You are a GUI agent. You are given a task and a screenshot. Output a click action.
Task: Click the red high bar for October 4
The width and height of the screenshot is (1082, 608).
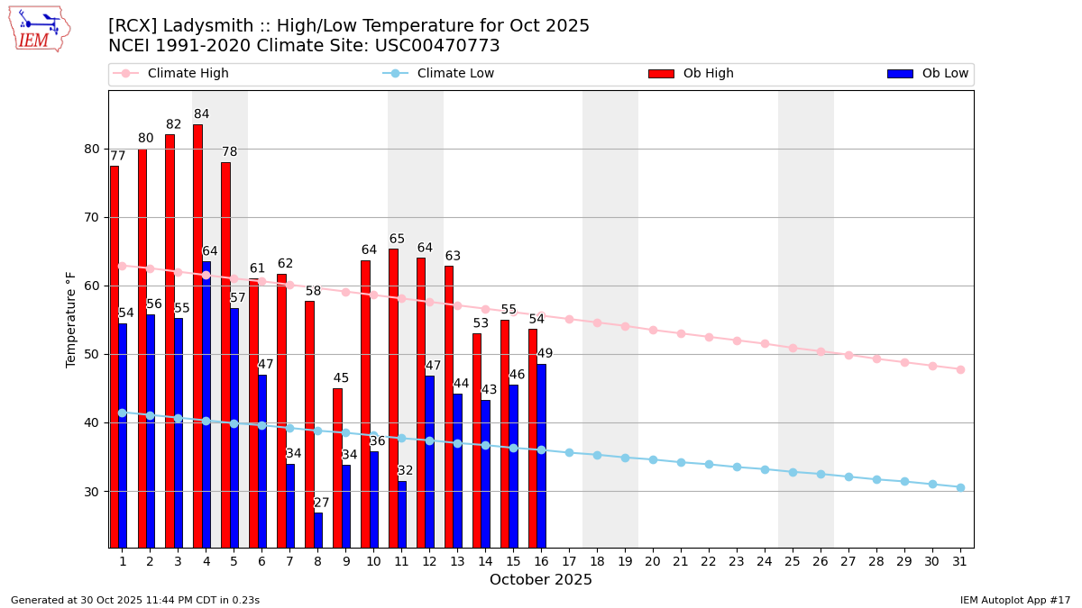click(x=197, y=335)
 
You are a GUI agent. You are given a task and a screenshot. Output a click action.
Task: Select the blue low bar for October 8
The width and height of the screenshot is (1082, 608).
click(x=318, y=530)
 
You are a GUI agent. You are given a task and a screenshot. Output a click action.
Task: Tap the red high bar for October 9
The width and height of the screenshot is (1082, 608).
click(x=337, y=467)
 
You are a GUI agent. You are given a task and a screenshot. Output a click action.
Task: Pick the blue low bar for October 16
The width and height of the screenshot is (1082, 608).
click(x=541, y=455)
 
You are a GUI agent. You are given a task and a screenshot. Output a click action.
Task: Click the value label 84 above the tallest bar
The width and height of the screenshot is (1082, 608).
click(x=201, y=114)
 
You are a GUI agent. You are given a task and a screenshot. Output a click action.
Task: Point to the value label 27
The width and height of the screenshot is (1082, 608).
click(x=322, y=503)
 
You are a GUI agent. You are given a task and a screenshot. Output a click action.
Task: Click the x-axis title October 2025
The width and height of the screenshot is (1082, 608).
click(x=541, y=580)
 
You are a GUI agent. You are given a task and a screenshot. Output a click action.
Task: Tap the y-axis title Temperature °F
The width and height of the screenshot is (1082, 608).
click(x=72, y=319)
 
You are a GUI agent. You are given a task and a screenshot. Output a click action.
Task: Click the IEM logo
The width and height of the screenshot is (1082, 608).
click(x=38, y=29)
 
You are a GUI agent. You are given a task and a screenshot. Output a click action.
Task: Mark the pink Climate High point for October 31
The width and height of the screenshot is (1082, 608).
click(x=960, y=369)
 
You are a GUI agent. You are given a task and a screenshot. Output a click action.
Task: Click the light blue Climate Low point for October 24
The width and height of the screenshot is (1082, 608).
click(x=765, y=469)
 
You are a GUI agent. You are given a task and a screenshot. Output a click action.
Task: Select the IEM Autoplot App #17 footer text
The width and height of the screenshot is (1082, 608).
click(x=1014, y=600)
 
